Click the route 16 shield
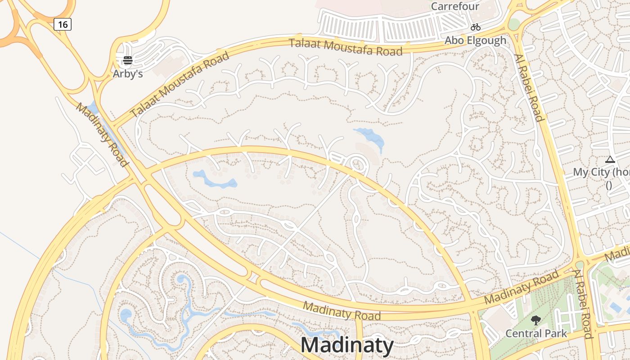pyautogui.click(x=63, y=24)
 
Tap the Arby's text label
pyautogui.click(x=128, y=73)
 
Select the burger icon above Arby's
pyautogui.click(x=128, y=60)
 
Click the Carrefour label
pyautogui.click(x=455, y=6)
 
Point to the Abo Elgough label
pyautogui.click(x=476, y=40)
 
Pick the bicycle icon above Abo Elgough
pyautogui.click(x=476, y=27)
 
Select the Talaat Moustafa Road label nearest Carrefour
pyautogui.click(x=346, y=47)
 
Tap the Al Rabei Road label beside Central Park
pyautogui.click(x=584, y=304)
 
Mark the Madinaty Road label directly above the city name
pyautogui.click(x=342, y=311)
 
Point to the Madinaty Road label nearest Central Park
pyautogui.click(x=522, y=286)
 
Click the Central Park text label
pyautogui.click(x=536, y=333)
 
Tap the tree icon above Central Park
pyautogui.click(x=535, y=320)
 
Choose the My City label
pyautogui.click(x=601, y=172)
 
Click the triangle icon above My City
pyautogui.click(x=610, y=159)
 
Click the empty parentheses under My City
pyautogui.click(x=609, y=185)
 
